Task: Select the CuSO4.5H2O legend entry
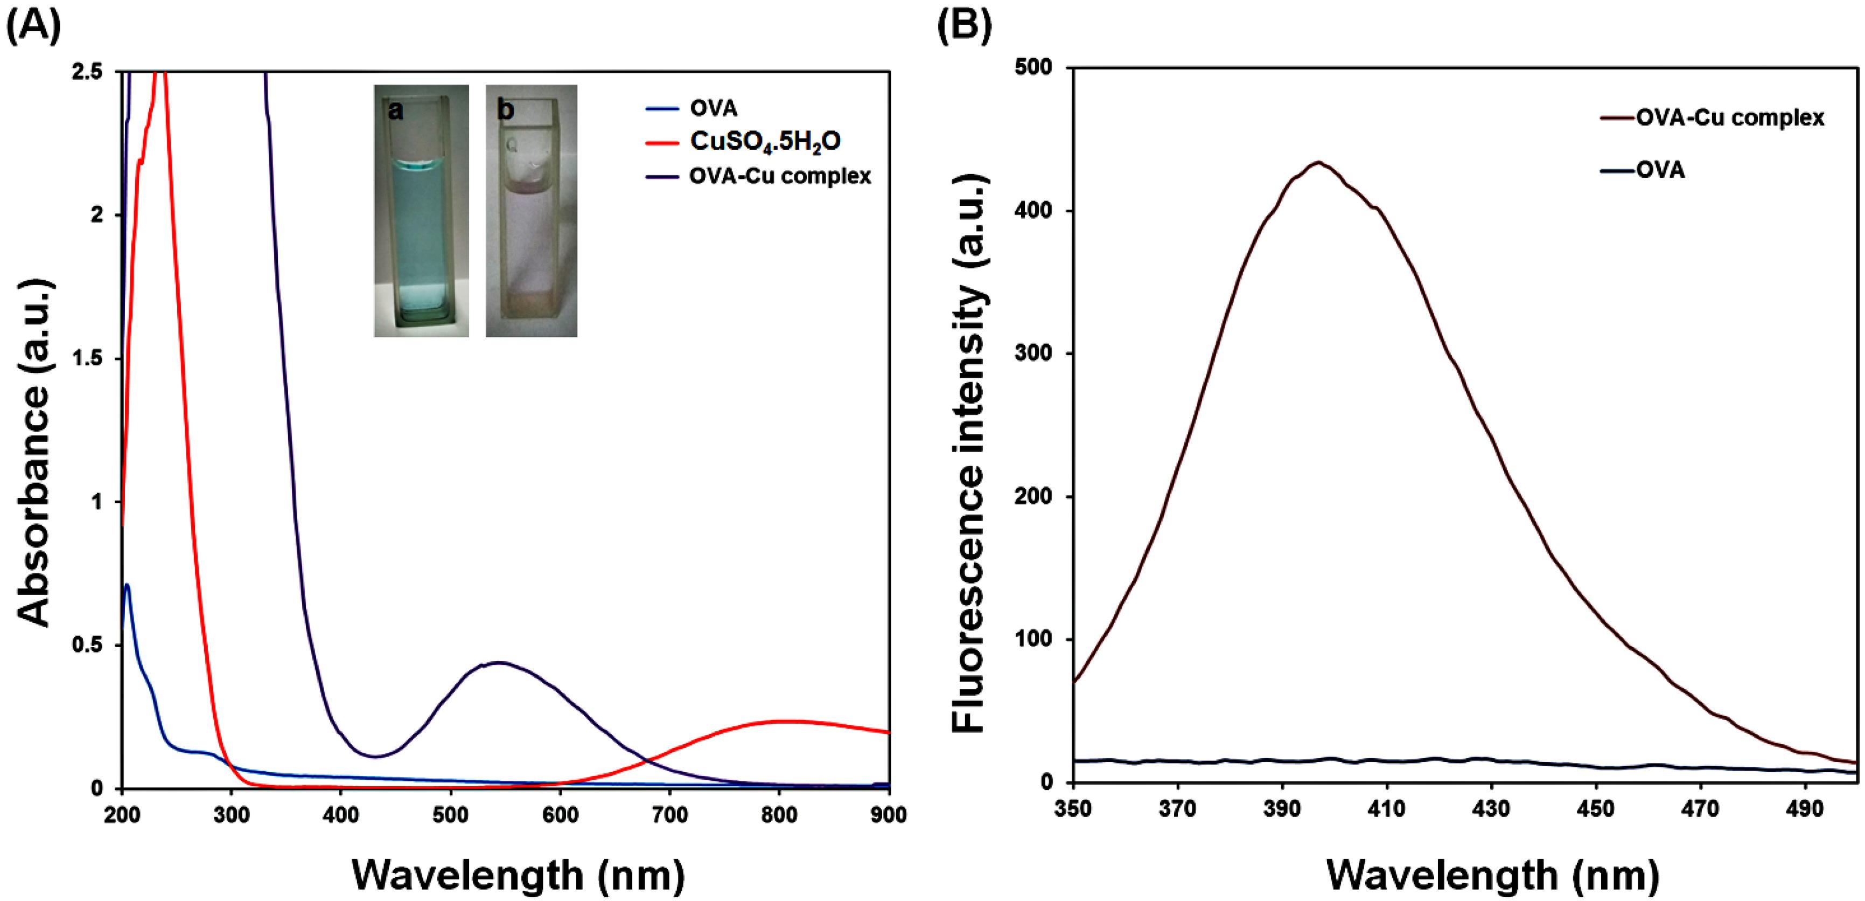click(765, 141)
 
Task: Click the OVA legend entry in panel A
click(713, 109)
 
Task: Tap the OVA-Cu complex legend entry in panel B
click(1730, 117)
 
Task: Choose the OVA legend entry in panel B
click(1660, 170)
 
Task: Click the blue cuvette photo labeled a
click(421, 211)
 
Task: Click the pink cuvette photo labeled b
click(530, 211)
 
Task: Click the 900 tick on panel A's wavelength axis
click(888, 815)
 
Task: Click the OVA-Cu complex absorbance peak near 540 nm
click(500, 662)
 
